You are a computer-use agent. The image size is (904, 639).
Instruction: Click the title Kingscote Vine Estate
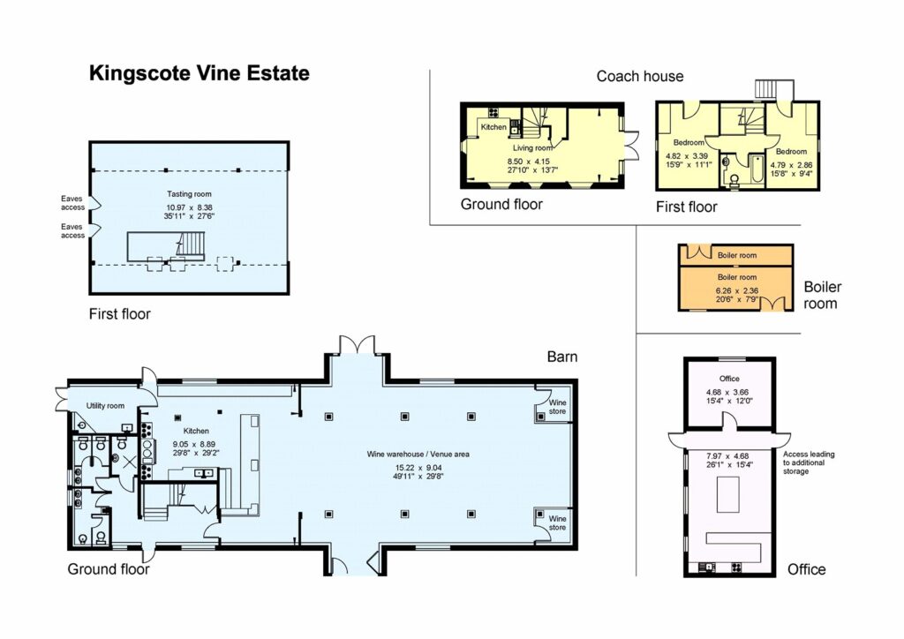click(x=199, y=73)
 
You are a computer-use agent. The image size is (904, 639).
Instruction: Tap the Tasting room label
click(x=189, y=194)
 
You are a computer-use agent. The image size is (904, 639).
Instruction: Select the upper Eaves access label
click(x=72, y=203)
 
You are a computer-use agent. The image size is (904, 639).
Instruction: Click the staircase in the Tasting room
click(x=187, y=243)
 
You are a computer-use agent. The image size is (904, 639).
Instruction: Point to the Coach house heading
click(x=639, y=76)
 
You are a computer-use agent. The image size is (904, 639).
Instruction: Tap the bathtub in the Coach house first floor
click(x=755, y=169)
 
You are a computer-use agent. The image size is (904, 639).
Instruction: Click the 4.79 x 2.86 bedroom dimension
click(x=790, y=164)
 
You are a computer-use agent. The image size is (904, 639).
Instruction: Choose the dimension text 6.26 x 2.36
click(x=736, y=289)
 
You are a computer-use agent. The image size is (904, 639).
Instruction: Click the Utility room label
click(x=105, y=406)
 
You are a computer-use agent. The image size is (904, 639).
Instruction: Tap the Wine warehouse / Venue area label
click(x=418, y=454)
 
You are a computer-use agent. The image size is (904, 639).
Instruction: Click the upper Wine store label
click(x=558, y=406)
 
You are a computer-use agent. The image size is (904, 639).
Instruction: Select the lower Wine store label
click(x=558, y=522)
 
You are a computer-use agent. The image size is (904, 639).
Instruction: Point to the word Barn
click(x=561, y=357)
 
